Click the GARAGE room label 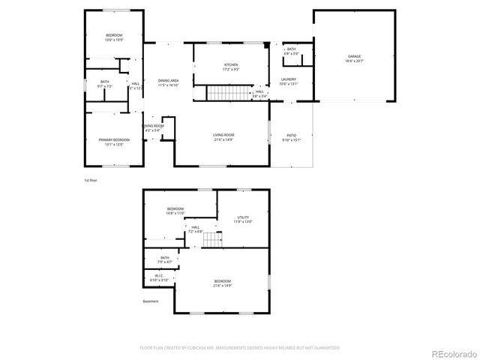(354, 56)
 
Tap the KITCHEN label (231, 65)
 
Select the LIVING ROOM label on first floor (224, 135)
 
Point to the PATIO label (290, 135)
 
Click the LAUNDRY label (289, 79)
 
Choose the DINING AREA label (168, 80)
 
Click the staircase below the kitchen (222, 93)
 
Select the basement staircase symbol (216, 239)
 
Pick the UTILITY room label (243, 217)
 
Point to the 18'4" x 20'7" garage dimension (354, 61)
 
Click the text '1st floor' (91, 181)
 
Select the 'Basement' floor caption (151, 301)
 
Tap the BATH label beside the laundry (291, 49)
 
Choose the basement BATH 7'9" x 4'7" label (165, 259)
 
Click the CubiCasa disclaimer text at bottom (240, 347)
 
